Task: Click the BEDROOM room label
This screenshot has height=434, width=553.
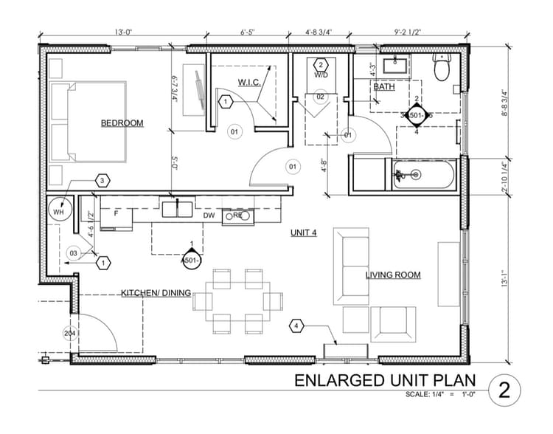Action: (122, 123)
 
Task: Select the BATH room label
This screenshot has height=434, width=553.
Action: (383, 87)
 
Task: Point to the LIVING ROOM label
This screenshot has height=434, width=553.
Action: (393, 275)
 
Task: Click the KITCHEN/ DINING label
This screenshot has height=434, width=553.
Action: (156, 293)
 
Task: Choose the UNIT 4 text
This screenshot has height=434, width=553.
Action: (303, 232)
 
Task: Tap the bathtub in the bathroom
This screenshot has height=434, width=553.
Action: (425, 175)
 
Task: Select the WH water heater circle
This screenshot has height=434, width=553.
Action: (58, 211)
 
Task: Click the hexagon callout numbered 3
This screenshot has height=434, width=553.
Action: (102, 181)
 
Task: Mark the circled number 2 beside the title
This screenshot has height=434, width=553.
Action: (504, 389)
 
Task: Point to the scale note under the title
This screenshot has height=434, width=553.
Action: (441, 395)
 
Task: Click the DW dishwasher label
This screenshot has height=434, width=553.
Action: (209, 216)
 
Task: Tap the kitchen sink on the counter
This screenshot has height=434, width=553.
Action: (178, 209)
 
